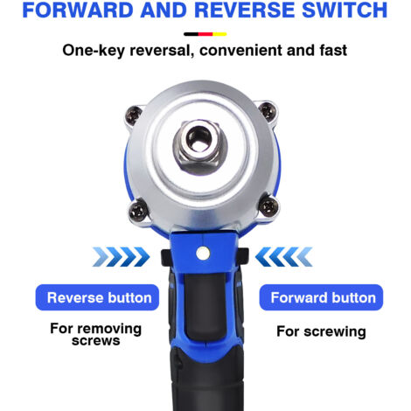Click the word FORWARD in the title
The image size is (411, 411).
(78, 10)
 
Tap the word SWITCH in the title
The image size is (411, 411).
(345, 10)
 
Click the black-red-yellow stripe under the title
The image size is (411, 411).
(205, 34)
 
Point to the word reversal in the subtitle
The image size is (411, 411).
(161, 50)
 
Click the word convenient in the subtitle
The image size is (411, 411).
(241, 50)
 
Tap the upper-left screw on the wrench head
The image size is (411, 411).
(134, 114)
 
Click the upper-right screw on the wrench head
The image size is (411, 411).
(268, 111)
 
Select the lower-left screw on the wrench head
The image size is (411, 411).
(138, 211)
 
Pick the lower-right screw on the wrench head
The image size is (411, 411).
(268, 206)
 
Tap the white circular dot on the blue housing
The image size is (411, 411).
(203, 254)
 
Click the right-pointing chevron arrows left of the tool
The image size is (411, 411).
(121, 257)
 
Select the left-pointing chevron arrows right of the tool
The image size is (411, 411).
(284, 257)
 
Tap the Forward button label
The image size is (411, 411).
(321, 297)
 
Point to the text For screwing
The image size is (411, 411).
(321, 331)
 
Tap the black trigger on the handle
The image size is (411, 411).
(205, 306)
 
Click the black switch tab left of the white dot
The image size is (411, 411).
(166, 257)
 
